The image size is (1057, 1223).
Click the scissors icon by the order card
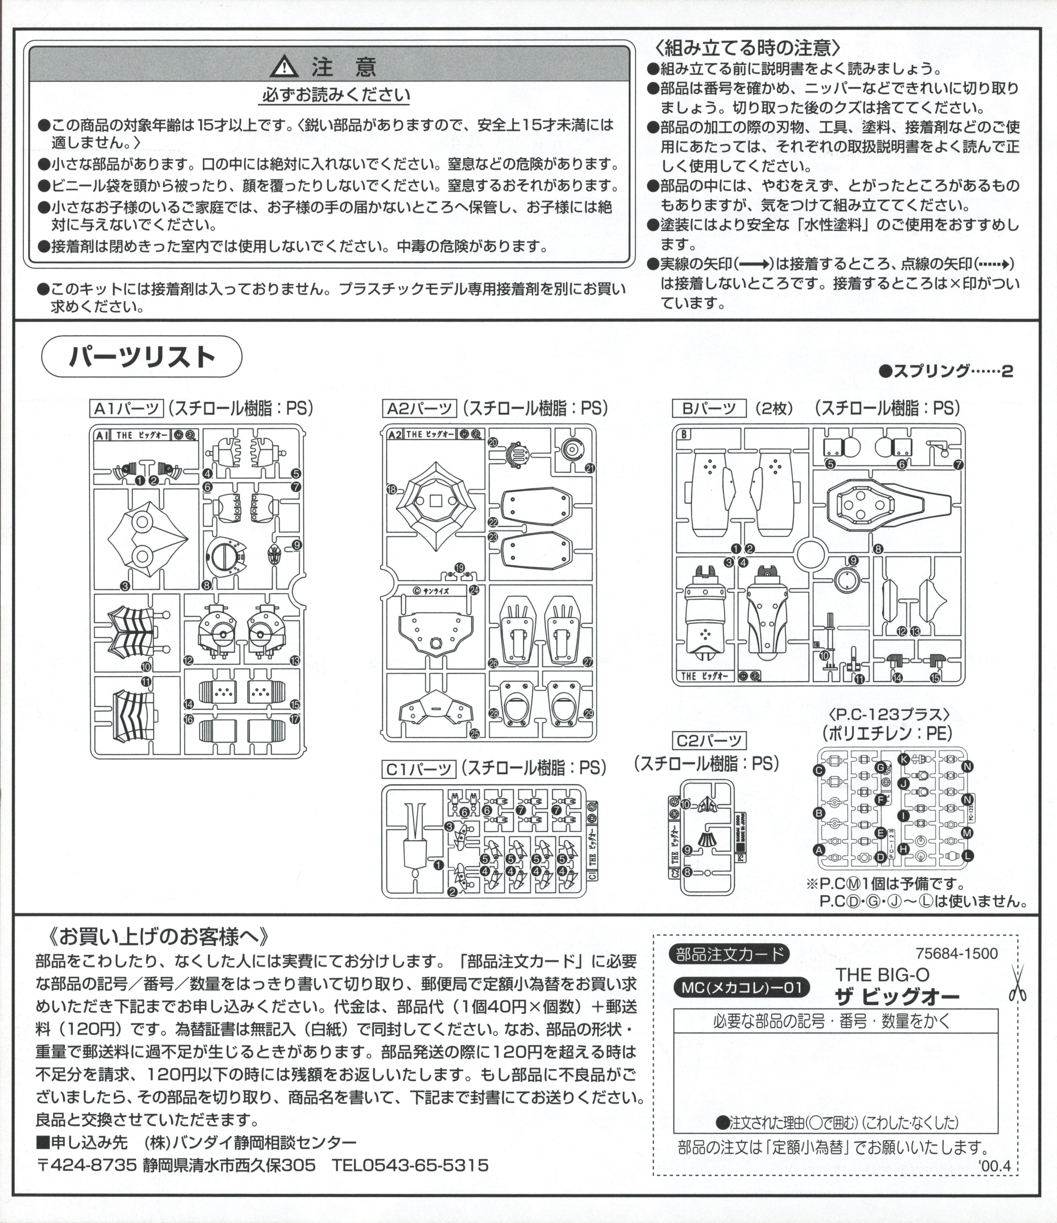pyautogui.click(x=1017, y=983)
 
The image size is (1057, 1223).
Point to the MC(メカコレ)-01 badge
pyautogui.click(x=741, y=987)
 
